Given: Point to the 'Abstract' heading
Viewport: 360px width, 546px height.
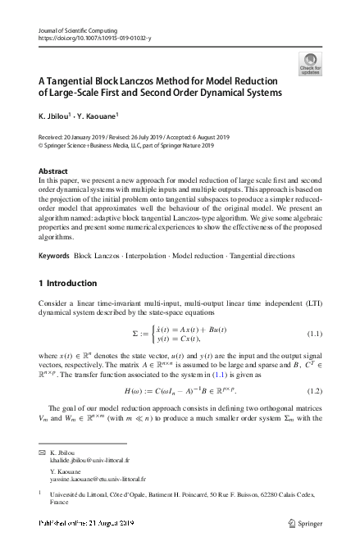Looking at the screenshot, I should [53, 171].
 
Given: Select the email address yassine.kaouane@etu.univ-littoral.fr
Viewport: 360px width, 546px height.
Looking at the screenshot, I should [104, 478].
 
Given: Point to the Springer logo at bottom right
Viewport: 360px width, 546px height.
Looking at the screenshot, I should [311, 523].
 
